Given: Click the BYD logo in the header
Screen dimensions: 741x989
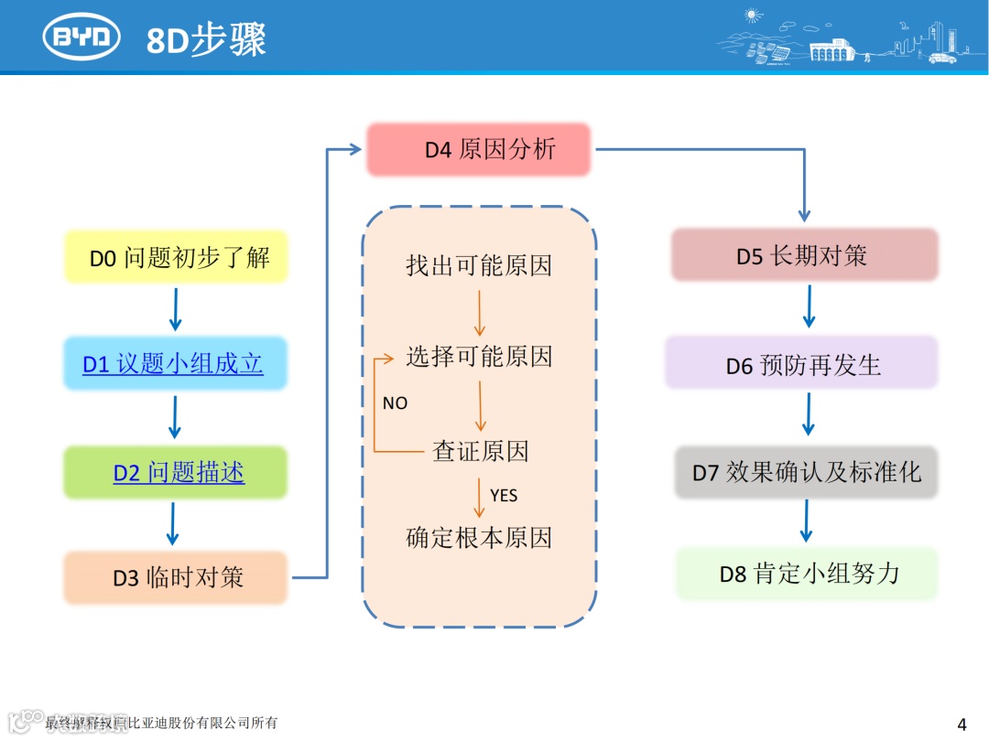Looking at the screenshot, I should tap(82, 38).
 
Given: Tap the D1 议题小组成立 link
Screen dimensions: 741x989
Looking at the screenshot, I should tap(173, 364).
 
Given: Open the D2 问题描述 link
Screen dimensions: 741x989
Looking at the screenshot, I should tap(179, 472).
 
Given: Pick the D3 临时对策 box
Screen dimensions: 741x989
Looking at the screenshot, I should tap(177, 577).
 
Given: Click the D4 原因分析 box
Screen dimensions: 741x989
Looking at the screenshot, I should tap(479, 149).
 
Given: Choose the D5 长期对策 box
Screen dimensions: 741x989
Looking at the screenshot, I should tap(804, 255).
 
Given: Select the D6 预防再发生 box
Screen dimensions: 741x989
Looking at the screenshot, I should tap(802, 364).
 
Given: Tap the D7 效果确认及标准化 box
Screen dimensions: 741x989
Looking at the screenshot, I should tap(806, 472).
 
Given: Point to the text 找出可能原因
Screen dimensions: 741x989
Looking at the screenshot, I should tap(479, 266).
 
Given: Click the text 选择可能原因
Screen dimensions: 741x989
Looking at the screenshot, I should tap(479, 356).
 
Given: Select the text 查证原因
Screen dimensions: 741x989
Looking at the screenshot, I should tap(480, 450).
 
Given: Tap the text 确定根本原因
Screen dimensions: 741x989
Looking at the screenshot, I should tap(479, 537).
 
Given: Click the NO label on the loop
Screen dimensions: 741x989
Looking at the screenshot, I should tap(395, 403).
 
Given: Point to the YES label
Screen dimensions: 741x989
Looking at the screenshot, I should tap(504, 496).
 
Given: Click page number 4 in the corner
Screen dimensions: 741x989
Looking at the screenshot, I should tap(962, 725).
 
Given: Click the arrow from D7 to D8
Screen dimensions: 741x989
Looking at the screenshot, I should tap(806, 521).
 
